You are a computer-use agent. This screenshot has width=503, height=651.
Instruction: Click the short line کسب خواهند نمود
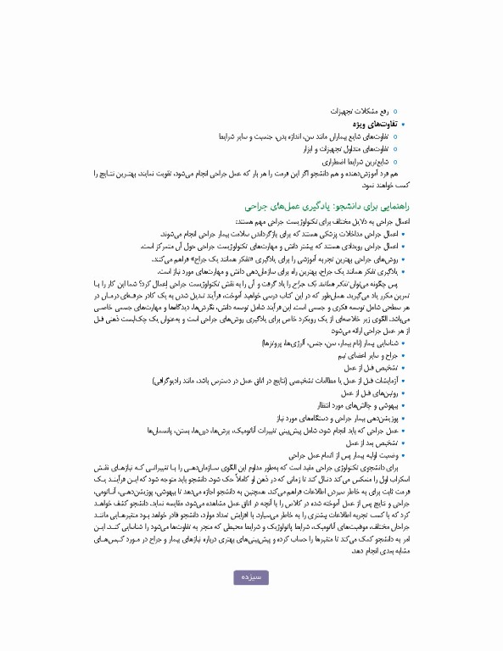(x=385, y=184)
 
